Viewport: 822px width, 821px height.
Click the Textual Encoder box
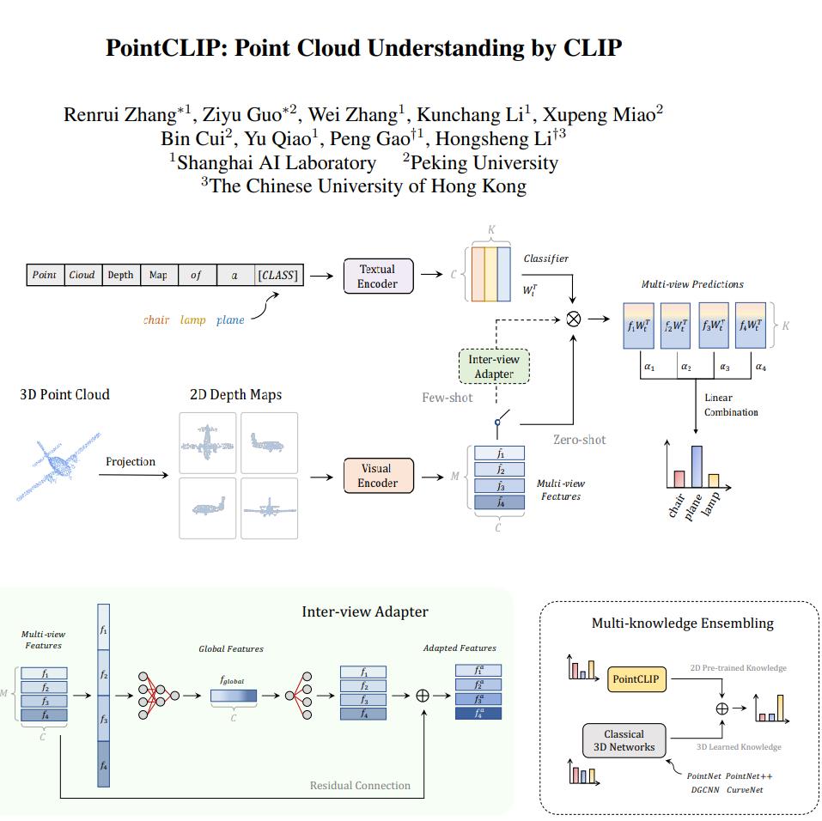[377, 276]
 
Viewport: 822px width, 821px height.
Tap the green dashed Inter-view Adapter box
[494, 367]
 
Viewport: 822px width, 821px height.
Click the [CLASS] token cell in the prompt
[277, 275]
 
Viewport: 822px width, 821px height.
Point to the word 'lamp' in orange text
[193, 320]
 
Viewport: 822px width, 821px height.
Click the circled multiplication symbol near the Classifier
[573, 319]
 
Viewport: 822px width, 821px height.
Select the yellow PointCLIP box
[636, 679]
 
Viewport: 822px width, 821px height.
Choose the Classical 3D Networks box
[624, 740]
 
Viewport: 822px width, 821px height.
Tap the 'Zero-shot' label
[579, 440]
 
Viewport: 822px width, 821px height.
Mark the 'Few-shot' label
[448, 398]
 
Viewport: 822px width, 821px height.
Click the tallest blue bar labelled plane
[697, 466]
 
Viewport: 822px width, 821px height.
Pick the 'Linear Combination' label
[731, 405]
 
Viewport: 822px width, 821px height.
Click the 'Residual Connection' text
[360, 785]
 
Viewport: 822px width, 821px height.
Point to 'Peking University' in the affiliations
[484, 162]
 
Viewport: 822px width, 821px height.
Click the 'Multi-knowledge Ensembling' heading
[682, 623]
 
